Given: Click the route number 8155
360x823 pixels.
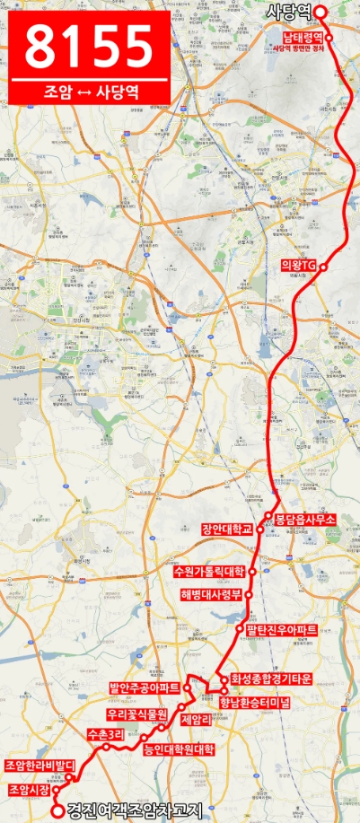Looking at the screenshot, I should click(x=89, y=44).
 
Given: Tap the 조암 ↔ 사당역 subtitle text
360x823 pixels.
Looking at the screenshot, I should click(x=89, y=91).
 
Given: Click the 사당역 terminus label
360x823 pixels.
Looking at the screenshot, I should click(x=288, y=12).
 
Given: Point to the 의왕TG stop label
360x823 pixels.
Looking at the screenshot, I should click(x=299, y=266).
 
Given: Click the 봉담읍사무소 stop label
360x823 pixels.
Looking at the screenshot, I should click(x=304, y=519).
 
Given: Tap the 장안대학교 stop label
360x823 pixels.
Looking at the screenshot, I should click(x=228, y=530).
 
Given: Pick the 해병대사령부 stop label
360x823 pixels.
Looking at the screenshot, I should click(x=212, y=594).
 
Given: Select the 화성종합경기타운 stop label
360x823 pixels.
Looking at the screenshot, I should click(x=270, y=679).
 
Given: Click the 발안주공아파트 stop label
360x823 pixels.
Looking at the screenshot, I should click(x=144, y=688).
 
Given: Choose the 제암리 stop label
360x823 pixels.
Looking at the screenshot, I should click(x=195, y=720).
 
